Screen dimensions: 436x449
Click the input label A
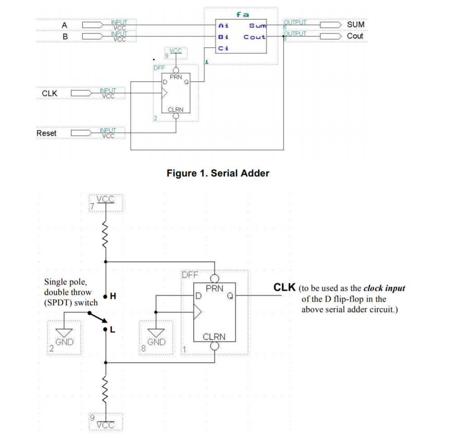[x=65, y=24]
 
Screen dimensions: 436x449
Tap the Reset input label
[x=47, y=133]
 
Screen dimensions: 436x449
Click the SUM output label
[x=355, y=24]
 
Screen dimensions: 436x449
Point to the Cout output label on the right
[x=355, y=36]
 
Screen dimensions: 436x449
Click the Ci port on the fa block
[x=223, y=48]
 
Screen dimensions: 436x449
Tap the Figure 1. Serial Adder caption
[x=218, y=173]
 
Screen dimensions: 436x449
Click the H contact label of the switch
[x=113, y=297]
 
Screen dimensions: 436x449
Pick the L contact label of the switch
[x=113, y=330]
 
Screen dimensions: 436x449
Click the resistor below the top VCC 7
[x=106, y=234]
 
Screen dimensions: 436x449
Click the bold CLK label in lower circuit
[x=285, y=288]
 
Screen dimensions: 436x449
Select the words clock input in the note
[x=384, y=289]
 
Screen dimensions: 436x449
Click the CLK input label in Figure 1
[x=50, y=93]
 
